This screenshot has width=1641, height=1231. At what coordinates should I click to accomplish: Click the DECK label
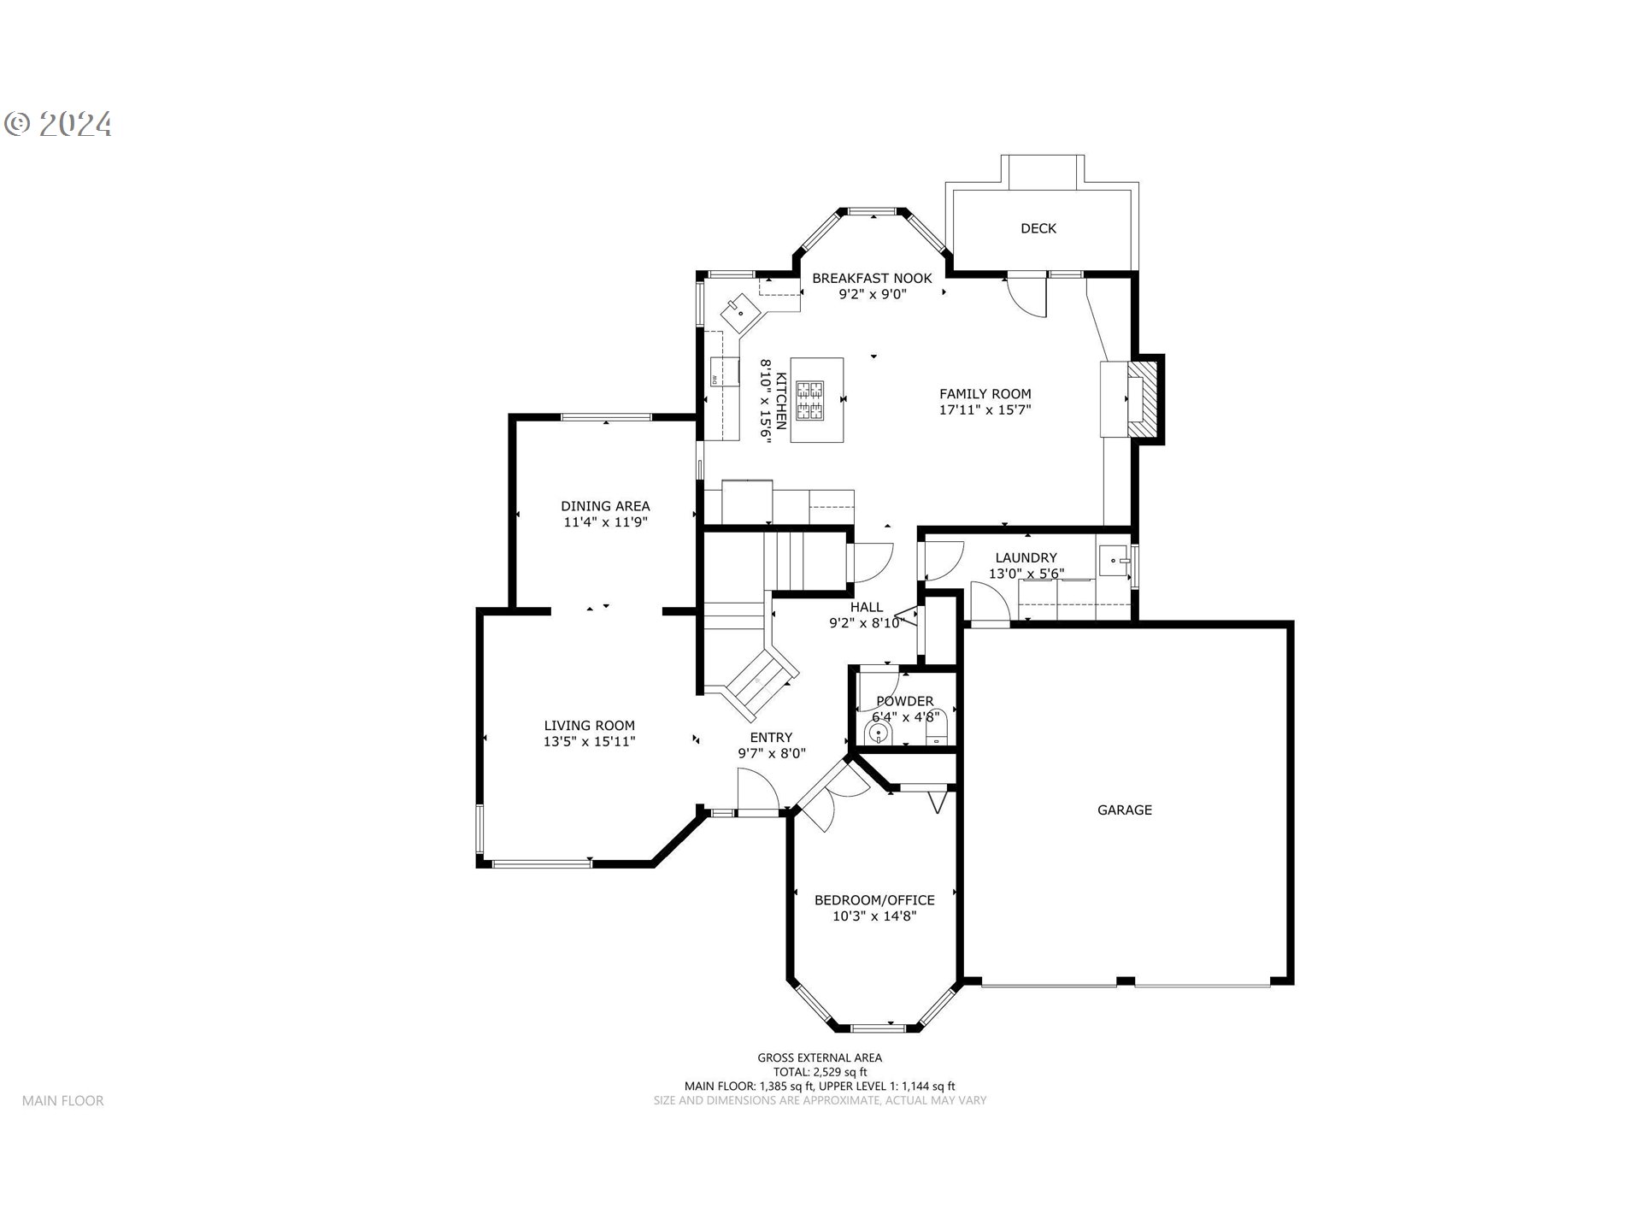1038,228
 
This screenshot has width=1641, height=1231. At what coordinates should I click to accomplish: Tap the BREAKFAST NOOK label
872,279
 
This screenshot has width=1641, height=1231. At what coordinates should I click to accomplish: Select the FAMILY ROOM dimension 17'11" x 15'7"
985,410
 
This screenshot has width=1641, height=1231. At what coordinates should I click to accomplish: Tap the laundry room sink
1115,562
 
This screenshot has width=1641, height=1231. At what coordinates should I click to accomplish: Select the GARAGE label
1124,810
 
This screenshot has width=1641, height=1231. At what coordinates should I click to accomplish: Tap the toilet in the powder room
938,729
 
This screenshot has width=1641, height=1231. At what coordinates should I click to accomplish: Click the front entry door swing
757,790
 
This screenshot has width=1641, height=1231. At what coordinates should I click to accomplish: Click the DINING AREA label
605,506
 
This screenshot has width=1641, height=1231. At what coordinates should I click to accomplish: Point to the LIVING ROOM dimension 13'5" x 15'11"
589,742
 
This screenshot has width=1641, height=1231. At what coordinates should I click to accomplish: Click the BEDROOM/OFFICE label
873,900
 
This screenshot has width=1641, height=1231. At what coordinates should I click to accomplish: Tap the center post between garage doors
1126,981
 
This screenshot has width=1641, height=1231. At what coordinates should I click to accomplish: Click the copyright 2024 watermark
58,125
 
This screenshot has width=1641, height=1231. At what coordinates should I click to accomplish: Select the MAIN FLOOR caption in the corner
63,1101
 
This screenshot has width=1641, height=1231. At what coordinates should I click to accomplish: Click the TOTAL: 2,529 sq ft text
820,1072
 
